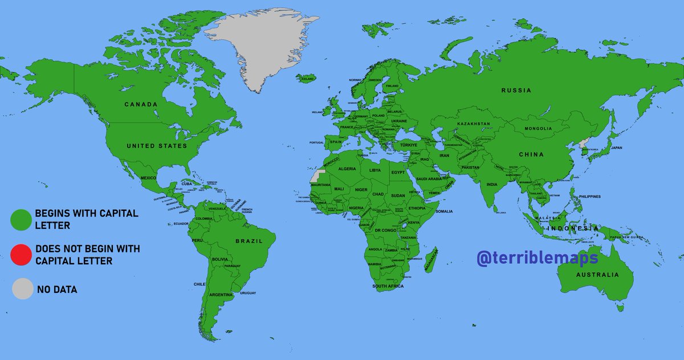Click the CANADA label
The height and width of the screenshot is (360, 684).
141,105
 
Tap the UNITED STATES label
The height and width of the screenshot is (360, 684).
157,146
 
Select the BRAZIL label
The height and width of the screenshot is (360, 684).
249,241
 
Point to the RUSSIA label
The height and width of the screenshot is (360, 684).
516,91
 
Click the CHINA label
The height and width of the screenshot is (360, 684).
531,154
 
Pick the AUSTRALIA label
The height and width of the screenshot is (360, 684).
597,275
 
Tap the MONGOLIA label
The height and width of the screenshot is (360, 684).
535,129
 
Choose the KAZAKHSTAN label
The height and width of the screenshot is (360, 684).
474,124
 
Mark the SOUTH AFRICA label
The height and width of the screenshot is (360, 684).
388,286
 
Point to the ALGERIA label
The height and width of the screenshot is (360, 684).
347,169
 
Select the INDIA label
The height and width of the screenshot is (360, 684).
492,185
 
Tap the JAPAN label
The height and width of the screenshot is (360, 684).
616,148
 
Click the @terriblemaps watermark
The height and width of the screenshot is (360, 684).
538,258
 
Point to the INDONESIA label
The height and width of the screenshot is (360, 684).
573,228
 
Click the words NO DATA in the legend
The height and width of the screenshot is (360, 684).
57,290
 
